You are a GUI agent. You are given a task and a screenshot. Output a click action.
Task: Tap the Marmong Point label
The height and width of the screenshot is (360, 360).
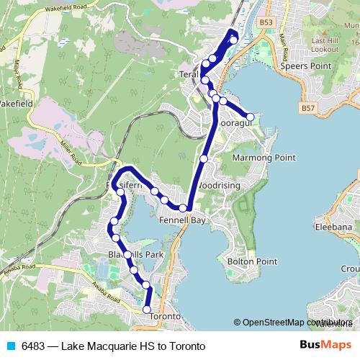pyautogui.click(x=264, y=157)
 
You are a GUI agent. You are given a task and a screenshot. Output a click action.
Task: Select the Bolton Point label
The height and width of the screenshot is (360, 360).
pyautogui.click(x=247, y=262)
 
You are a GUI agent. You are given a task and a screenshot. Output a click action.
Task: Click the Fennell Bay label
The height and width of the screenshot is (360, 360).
pyautogui.click(x=183, y=220)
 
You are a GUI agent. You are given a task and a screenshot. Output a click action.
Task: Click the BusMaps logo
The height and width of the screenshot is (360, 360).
pyautogui.click(x=321, y=346)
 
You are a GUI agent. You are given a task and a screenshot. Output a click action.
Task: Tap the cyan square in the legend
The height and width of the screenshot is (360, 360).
pyautogui.click(x=10, y=346)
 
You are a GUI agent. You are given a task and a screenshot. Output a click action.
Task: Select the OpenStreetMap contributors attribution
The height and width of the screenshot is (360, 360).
pyautogui.click(x=295, y=323)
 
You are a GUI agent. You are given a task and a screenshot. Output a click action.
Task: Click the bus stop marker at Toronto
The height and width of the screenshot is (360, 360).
pyautogui.click(x=147, y=310)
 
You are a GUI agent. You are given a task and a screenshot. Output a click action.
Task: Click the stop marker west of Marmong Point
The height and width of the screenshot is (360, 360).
pyautogui.click(x=204, y=158)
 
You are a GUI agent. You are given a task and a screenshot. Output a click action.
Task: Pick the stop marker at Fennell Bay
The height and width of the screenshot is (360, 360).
pyautogui.click(x=183, y=208)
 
